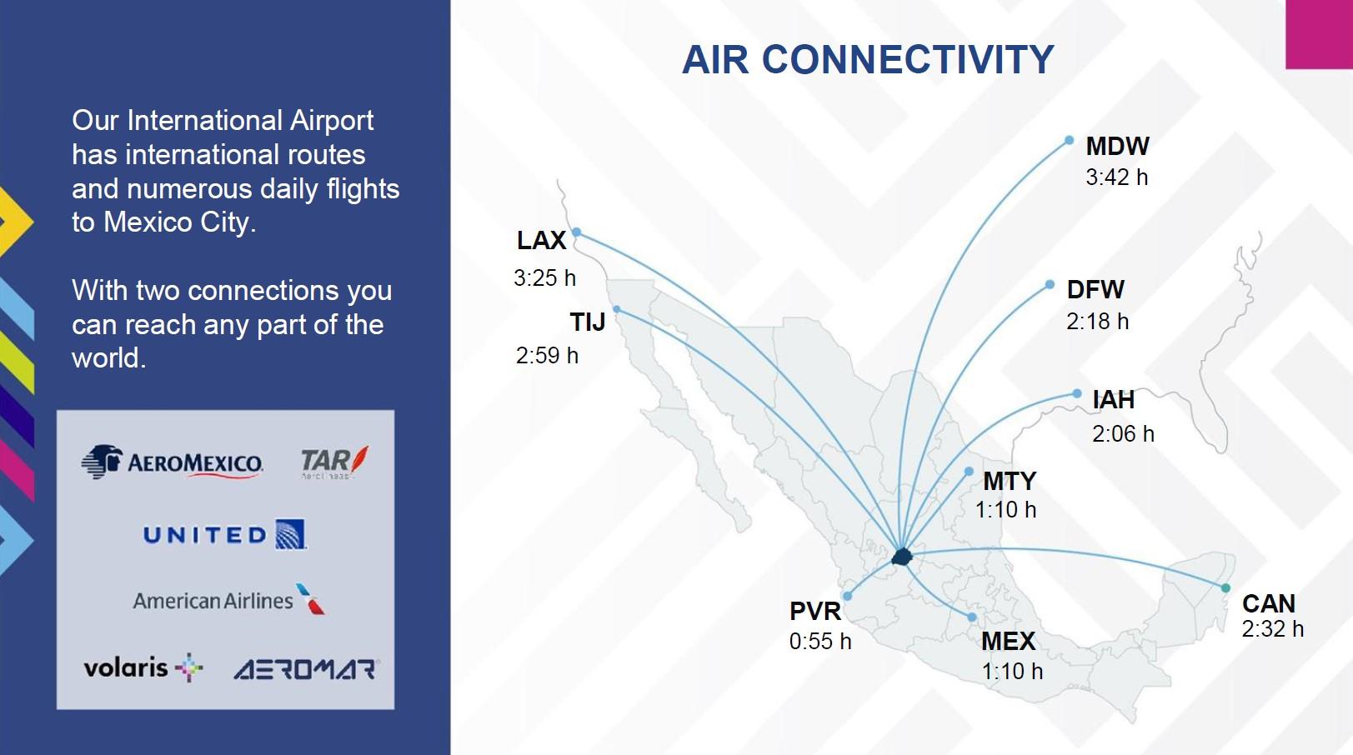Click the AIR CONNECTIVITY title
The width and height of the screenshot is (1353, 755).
tap(868, 60)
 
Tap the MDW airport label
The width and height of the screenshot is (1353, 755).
tap(1117, 146)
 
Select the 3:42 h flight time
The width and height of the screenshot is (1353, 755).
tap(1117, 177)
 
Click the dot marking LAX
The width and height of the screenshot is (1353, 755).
tap(577, 232)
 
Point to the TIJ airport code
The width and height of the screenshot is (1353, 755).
tap(587, 322)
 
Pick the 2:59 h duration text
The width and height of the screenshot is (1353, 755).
tap(547, 355)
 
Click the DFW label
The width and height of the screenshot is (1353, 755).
tap(1095, 290)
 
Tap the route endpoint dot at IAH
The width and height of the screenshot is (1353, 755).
tap(1077, 394)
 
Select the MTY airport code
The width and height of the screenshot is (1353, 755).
tap(1010, 482)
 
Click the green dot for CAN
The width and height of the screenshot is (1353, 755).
tap(1225, 587)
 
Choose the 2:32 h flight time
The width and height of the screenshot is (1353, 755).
tap(1273, 629)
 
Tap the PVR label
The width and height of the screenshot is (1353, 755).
tap(815, 611)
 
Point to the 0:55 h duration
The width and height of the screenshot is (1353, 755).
tap(820, 642)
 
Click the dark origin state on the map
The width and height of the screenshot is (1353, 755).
tap(901, 557)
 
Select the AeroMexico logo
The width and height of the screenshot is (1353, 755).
tap(172, 462)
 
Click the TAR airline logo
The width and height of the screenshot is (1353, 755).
tap(334, 462)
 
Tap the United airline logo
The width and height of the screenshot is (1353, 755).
tap(225, 534)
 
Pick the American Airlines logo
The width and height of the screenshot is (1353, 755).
tap(229, 600)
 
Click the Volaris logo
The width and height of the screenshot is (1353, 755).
tap(143, 668)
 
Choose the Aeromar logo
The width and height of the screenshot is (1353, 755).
tap(305, 669)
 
